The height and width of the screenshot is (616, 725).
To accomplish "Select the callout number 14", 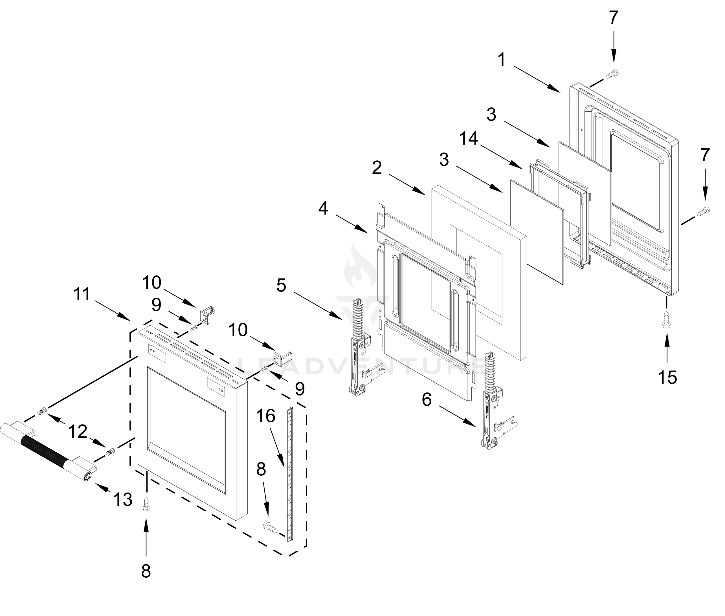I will tap(469, 139).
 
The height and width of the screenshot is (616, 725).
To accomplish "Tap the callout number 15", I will tap(667, 377).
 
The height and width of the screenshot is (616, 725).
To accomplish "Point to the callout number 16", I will tap(266, 416).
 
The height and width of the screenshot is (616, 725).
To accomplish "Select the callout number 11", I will tap(82, 294).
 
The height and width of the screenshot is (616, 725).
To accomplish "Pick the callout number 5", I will tap(281, 285).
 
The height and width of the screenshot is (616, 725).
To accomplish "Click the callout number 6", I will tap(427, 399).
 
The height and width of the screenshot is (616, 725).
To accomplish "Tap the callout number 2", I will tap(377, 168).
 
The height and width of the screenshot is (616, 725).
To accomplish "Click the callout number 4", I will tap(323, 208).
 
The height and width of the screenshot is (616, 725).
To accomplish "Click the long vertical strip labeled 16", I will tap(290, 475).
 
